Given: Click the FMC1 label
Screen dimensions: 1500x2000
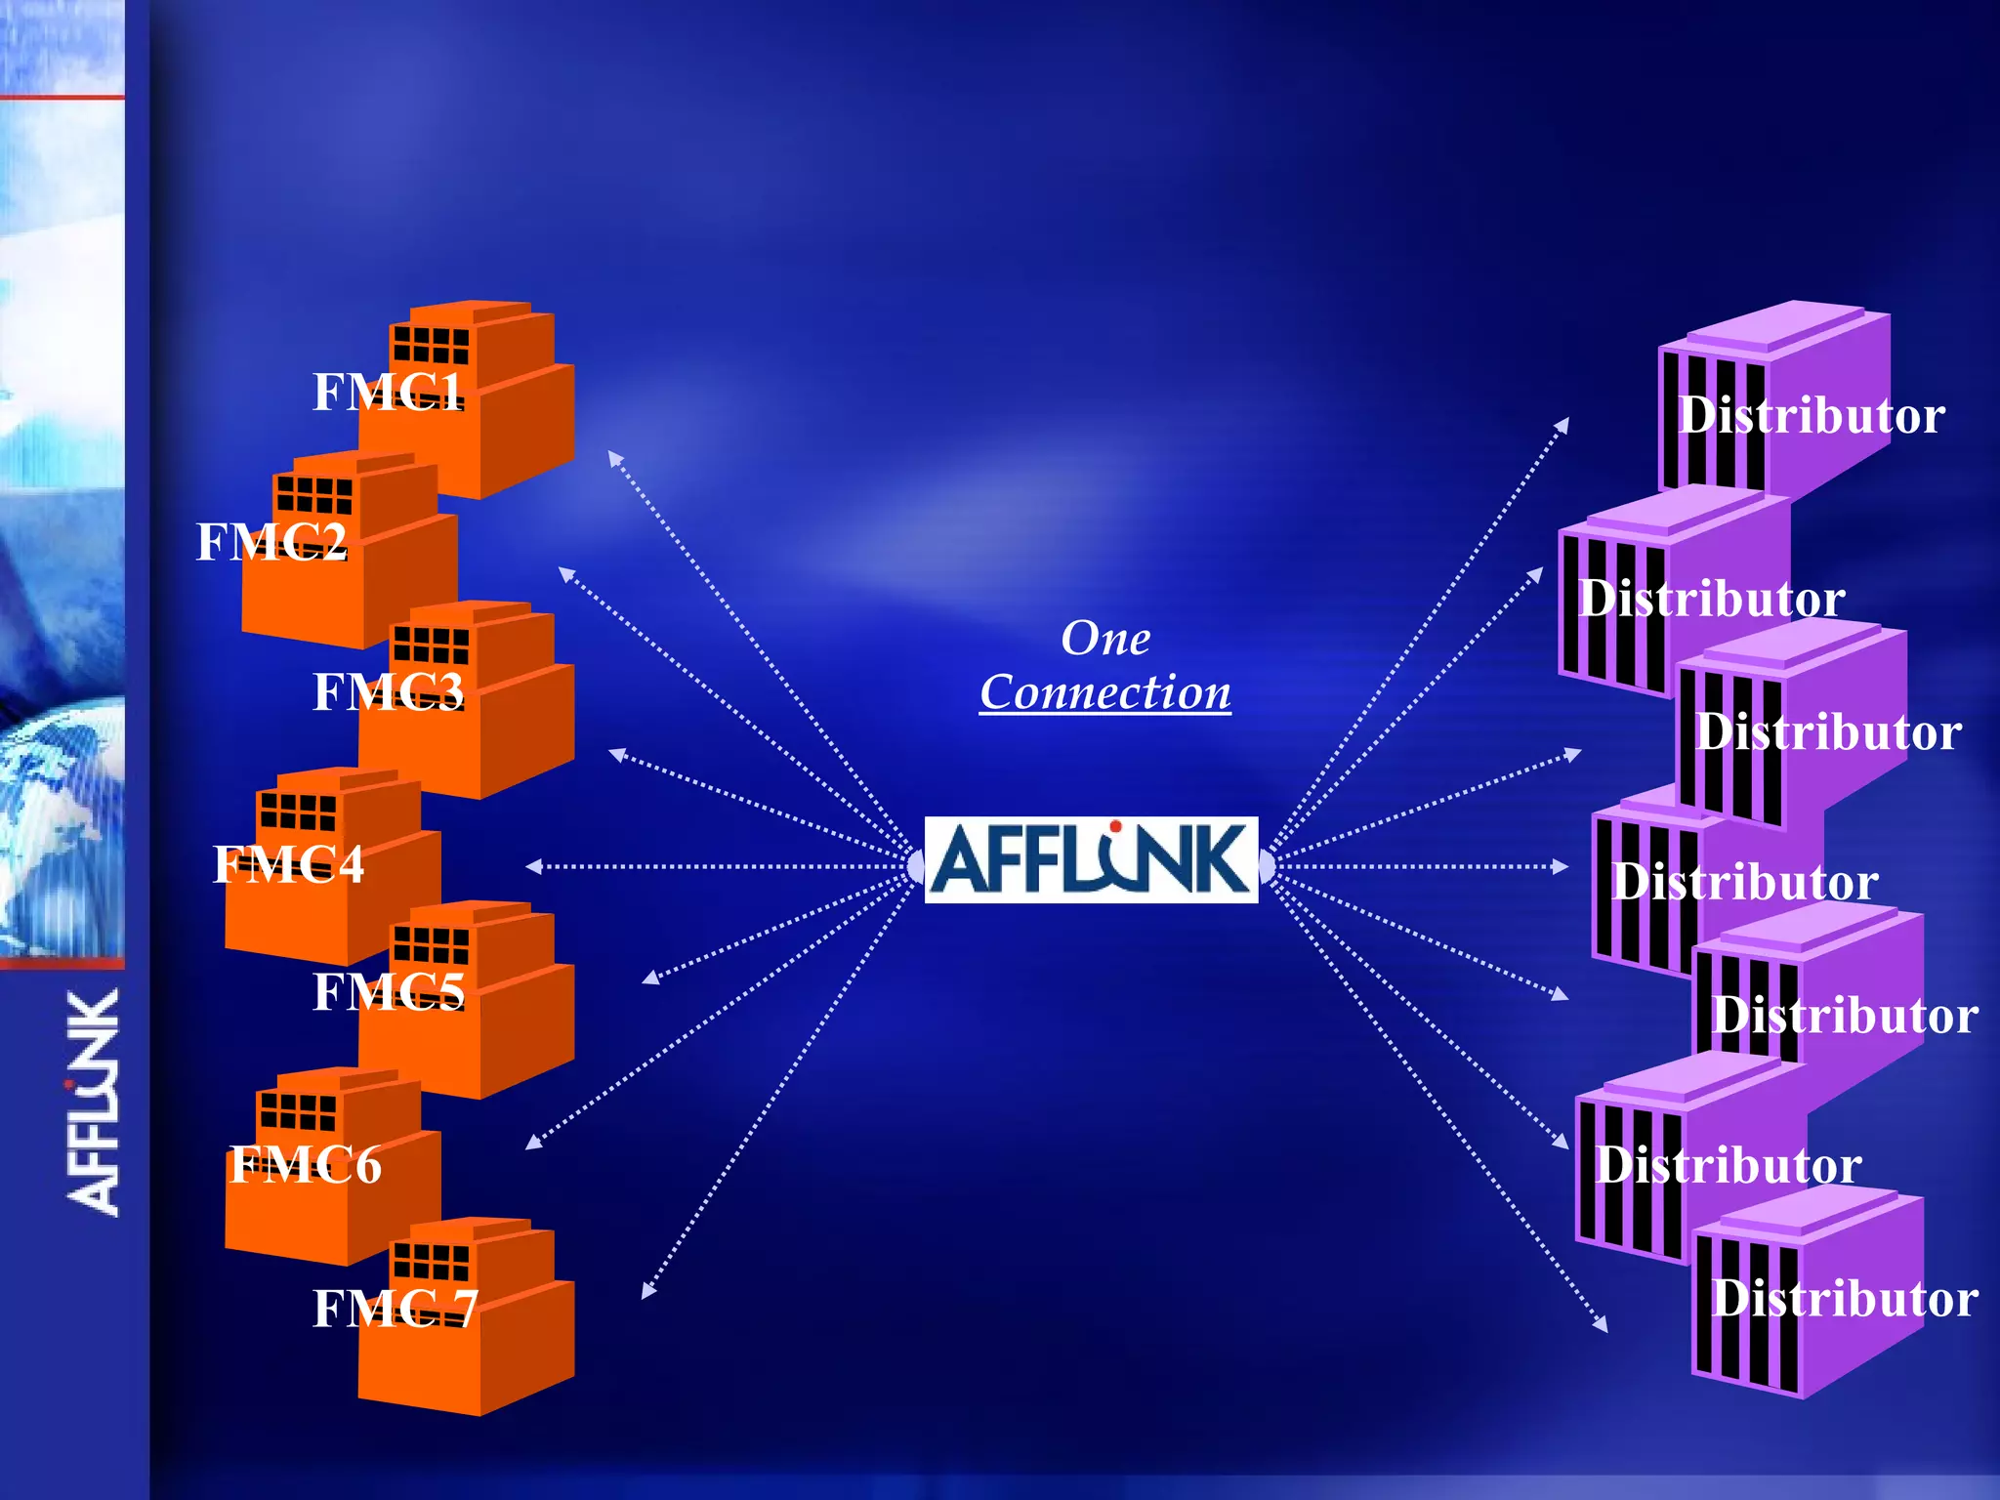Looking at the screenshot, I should pyautogui.click(x=388, y=393).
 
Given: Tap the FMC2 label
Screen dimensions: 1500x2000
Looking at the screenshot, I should pyautogui.click(x=271, y=542).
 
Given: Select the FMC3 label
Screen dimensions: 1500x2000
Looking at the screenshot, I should pyautogui.click(x=388, y=692).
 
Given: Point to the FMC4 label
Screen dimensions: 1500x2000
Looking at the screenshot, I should pyautogui.click(x=288, y=864).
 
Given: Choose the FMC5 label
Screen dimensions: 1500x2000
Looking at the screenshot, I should pyautogui.click(x=388, y=992).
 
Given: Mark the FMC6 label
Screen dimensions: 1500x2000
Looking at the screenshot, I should pyautogui.click(x=305, y=1165).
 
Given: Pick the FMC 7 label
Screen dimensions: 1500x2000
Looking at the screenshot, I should pyautogui.click(x=395, y=1309).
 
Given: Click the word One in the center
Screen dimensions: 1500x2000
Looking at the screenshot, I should pyautogui.click(x=1105, y=639).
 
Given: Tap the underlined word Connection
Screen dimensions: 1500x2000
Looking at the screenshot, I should pyautogui.click(x=1105, y=693).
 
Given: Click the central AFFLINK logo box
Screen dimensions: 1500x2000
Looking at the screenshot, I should pyautogui.click(x=1091, y=860).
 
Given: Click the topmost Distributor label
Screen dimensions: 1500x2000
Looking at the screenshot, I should pyautogui.click(x=1812, y=416).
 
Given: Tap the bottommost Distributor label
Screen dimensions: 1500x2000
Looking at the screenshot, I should pyautogui.click(x=1845, y=1299).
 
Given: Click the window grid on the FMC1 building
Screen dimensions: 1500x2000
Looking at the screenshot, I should pyautogui.click(x=431, y=345).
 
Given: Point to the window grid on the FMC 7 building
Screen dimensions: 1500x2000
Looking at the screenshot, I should pyautogui.click(x=431, y=1261).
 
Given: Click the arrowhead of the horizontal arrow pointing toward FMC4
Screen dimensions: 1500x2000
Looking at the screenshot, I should pyautogui.click(x=533, y=866).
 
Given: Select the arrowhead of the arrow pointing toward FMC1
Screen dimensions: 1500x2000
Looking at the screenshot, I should pyautogui.click(x=614, y=457).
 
